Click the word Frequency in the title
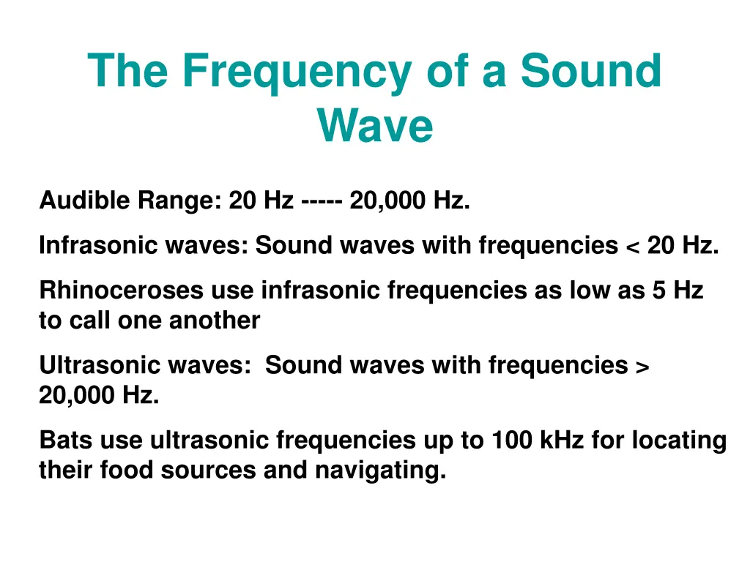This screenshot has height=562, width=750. point(297,72)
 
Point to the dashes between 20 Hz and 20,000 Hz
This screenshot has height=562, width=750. point(322,200)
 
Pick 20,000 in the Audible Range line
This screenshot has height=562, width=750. point(387,200)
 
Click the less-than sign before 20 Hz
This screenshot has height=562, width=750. point(632,246)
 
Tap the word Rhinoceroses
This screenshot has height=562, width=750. point(122,291)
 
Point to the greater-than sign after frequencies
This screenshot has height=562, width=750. point(642,365)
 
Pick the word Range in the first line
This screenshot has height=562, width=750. point(183,200)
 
